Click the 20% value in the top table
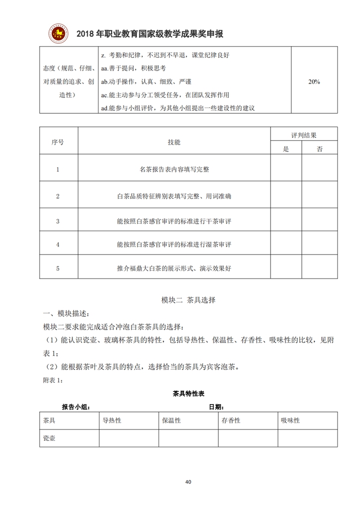(314, 82)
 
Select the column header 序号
(58, 142)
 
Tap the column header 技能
(174, 142)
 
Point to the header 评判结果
(304, 135)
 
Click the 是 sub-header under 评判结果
(286, 149)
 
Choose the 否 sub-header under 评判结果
(319, 149)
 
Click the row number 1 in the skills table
(58, 169)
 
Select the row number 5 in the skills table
(58, 268)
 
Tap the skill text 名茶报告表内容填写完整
(174, 169)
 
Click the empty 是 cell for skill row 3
(286, 220)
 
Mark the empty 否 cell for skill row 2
(319, 196)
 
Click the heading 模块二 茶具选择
(188, 300)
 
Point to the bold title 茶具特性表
(188, 393)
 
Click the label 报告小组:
(76, 407)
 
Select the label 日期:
(216, 407)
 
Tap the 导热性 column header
(112, 420)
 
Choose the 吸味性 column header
(290, 420)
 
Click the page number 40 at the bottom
(188, 482)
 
